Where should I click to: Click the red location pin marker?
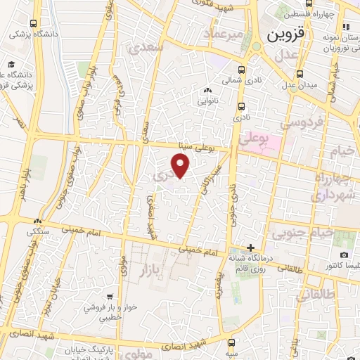pos(181,166)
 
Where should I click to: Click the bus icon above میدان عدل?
pos(300,72)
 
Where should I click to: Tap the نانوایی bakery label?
pos(207,101)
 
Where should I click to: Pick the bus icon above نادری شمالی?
pos(242,70)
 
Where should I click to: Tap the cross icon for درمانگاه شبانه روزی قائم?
pos(250,247)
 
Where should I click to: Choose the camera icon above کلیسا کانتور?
pos(343,255)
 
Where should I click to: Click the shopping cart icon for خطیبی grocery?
pos(110,297)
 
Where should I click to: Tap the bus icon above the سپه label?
pos(233,342)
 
